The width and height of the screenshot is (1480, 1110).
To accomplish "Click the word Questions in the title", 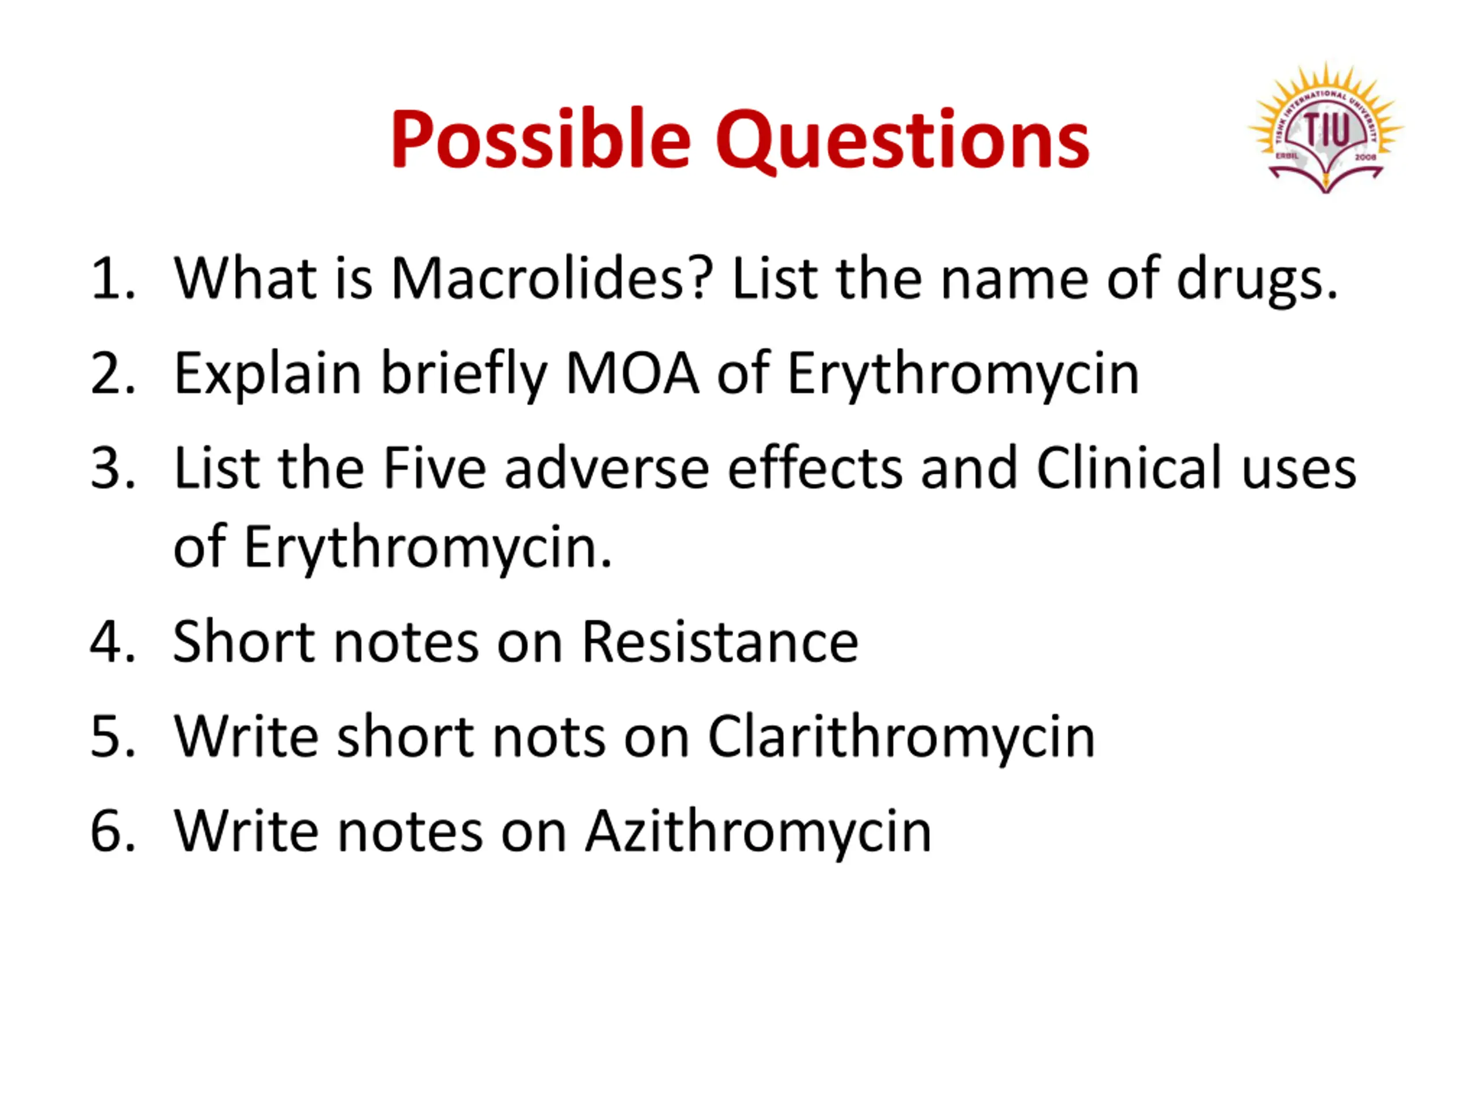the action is [902, 140].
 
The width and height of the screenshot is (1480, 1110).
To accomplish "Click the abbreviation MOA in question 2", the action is [632, 373].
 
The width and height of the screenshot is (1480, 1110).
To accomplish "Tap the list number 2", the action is [113, 373].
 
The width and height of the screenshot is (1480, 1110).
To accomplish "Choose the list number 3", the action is [113, 468].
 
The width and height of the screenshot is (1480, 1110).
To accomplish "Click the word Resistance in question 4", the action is [720, 642].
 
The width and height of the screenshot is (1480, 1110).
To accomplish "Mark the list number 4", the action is [113, 642].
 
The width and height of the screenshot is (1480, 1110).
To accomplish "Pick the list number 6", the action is [113, 831].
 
